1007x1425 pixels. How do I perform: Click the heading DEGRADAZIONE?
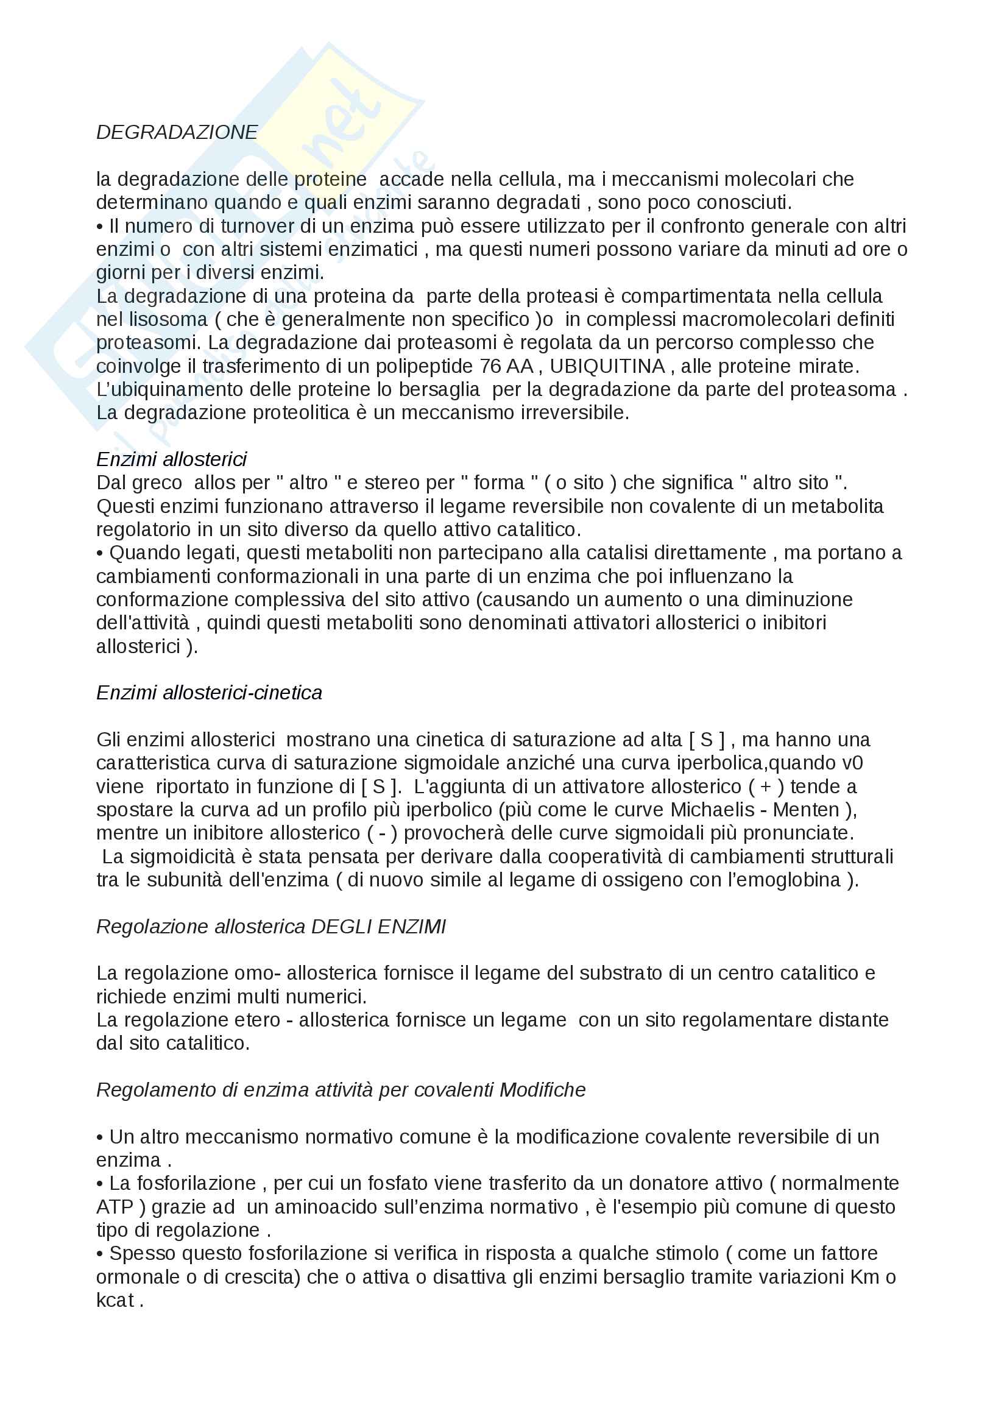tap(177, 132)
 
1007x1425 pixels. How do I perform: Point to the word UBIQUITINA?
tap(607, 366)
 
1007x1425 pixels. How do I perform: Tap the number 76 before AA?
tap(490, 366)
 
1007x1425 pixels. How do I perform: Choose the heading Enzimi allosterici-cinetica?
tap(209, 693)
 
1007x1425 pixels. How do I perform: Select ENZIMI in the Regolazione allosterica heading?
tap(411, 927)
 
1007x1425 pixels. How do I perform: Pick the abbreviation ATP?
tap(115, 1206)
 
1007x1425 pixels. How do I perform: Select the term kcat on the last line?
tap(115, 1299)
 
